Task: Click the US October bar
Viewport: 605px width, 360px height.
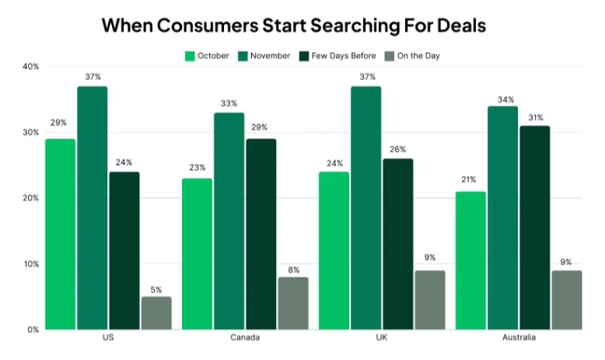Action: (x=61, y=233)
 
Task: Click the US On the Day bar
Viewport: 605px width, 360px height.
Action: (x=156, y=313)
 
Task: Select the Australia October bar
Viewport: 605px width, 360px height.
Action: (x=470, y=260)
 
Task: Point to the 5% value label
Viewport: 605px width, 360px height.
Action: (x=156, y=289)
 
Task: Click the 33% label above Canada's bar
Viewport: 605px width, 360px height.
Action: (x=229, y=103)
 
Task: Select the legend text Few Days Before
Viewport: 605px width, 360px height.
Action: (x=344, y=56)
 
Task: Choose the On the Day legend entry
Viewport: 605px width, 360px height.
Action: (x=418, y=56)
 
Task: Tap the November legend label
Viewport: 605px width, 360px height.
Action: (x=270, y=56)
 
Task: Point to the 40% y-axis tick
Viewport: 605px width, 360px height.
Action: (x=30, y=67)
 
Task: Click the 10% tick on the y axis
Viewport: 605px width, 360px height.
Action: (x=30, y=264)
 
